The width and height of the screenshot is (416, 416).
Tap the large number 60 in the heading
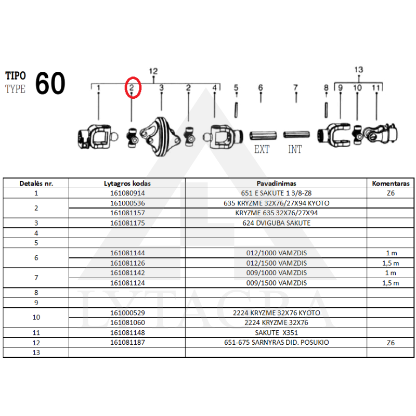click(x=50, y=83)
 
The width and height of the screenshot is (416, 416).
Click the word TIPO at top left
click(x=16, y=76)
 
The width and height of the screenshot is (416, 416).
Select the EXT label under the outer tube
click(x=262, y=149)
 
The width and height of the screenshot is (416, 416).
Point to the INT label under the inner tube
click(x=295, y=149)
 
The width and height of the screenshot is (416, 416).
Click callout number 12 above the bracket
click(x=153, y=71)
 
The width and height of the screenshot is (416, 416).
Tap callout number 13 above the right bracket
click(x=359, y=70)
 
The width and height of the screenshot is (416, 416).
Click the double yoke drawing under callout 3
click(x=160, y=136)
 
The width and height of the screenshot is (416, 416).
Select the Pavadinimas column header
click(x=276, y=184)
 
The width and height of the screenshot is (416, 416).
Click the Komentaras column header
click(x=391, y=184)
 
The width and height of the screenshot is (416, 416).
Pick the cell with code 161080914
click(x=127, y=193)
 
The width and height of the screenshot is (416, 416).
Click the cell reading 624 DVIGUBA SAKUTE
click(x=276, y=223)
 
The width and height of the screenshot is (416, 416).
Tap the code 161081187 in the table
click(x=127, y=343)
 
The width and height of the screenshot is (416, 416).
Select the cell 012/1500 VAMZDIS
click(x=276, y=263)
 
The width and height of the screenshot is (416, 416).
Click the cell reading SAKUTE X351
click(x=276, y=333)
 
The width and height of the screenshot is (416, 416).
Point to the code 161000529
click(x=127, y=313)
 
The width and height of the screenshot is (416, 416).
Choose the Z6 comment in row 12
click(x=391, y=343)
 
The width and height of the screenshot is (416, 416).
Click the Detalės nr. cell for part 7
click(x=36, y=278)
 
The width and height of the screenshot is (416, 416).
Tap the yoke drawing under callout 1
click(x=98, y=136)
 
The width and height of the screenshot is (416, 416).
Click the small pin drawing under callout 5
click(x=236, y=110)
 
